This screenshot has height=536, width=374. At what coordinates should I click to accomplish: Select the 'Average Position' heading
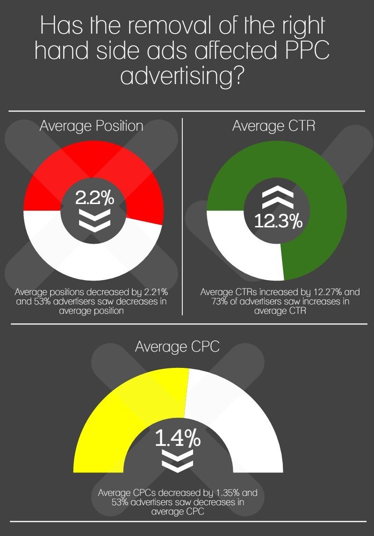click(92, 126)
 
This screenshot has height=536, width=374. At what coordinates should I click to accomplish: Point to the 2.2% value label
click(95, 198)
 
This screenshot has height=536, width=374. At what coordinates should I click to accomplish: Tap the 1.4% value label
click(178, 439)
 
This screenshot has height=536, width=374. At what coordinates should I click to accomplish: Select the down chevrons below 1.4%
click(177, 461)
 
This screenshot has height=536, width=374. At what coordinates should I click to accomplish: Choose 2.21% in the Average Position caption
click(154, 292)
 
